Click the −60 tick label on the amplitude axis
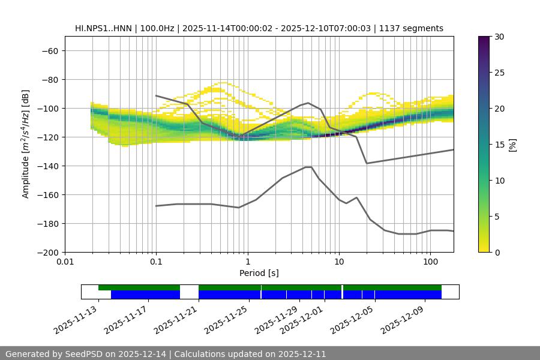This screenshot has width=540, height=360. click(49, 50)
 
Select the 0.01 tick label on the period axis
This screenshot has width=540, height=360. click(65, 262)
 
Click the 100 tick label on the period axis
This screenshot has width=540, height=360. click(430, 262)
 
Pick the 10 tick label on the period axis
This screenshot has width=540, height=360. click(339, 262)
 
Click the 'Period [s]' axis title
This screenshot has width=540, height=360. click(259, 273)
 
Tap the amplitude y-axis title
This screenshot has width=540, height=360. click(26, 144)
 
